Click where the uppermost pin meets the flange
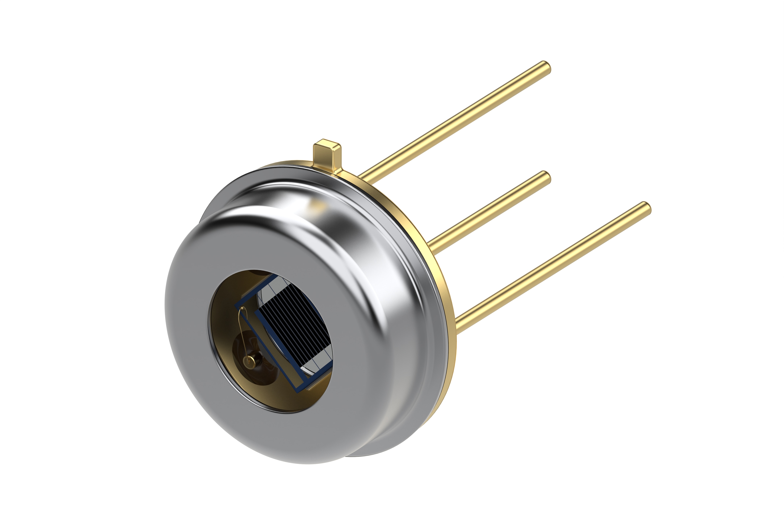363,176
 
